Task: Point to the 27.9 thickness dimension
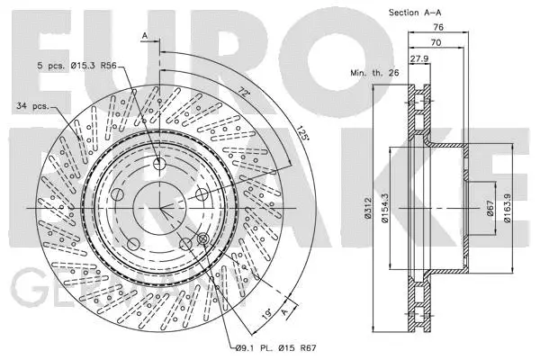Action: [x=419, y=59]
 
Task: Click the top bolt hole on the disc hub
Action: [x=159, y=165]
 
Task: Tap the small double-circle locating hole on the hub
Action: [x=202, y=238]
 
